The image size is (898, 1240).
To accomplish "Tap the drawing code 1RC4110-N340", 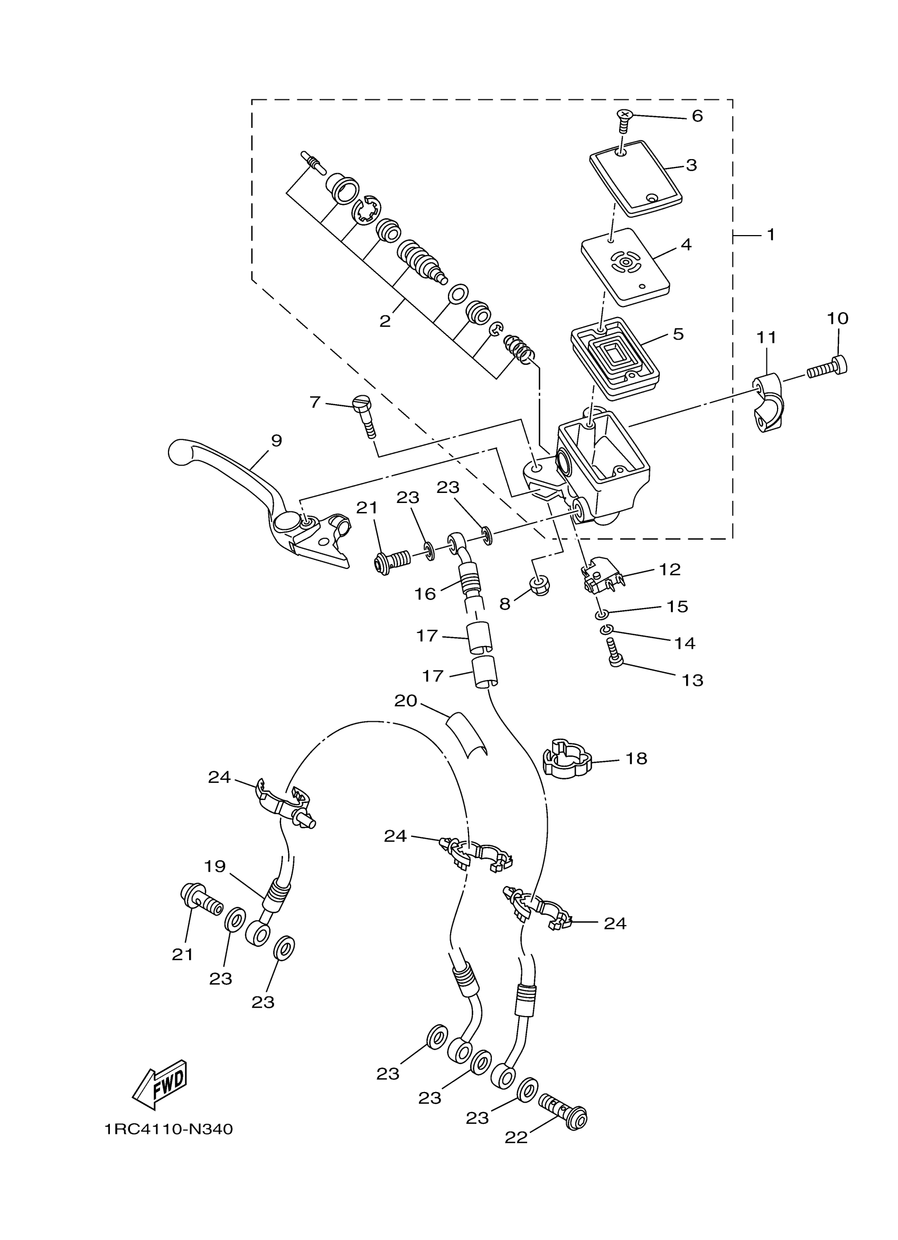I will tap(169, 1129).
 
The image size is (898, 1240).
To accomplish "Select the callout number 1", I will tap(771, 235).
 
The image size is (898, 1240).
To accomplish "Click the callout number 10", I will tap(837, 318).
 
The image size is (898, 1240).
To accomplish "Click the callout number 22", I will tap(516, 1137).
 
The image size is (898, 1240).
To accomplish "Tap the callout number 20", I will tap(406, 701).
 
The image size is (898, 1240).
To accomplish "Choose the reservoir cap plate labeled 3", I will tap(637, 175).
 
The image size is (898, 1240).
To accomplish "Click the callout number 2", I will tap(385, 321).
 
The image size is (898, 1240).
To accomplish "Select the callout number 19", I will tap(215, 866).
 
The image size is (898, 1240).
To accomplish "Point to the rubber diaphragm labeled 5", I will tap(615, 356).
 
